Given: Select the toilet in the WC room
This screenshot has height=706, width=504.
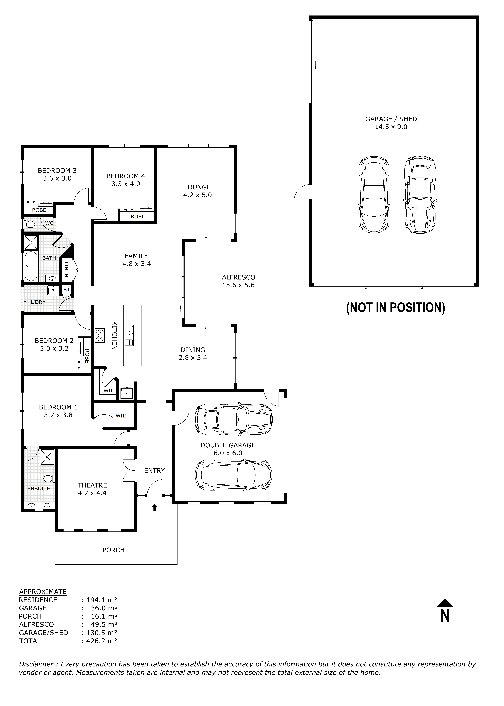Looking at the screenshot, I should click(x=30, y=224).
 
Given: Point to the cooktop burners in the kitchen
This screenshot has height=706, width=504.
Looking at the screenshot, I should click(x=100, y=335).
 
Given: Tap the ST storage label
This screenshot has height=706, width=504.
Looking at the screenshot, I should click(x=66, y=290).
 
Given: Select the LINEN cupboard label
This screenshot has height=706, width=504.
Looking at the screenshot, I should click(x=66, y=269).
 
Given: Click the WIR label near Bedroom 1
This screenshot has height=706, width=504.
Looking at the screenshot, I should click(x=121, y=416).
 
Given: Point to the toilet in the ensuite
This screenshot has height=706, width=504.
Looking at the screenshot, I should click(x=49, y=478).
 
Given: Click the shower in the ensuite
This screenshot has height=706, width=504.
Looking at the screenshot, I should click(x=47, y=457).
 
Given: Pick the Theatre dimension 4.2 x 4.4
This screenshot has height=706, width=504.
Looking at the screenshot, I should click(x=92, y=493).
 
